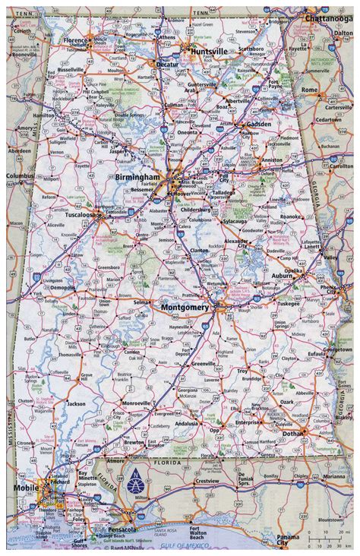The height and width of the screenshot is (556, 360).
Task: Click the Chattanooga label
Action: (329, 17)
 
